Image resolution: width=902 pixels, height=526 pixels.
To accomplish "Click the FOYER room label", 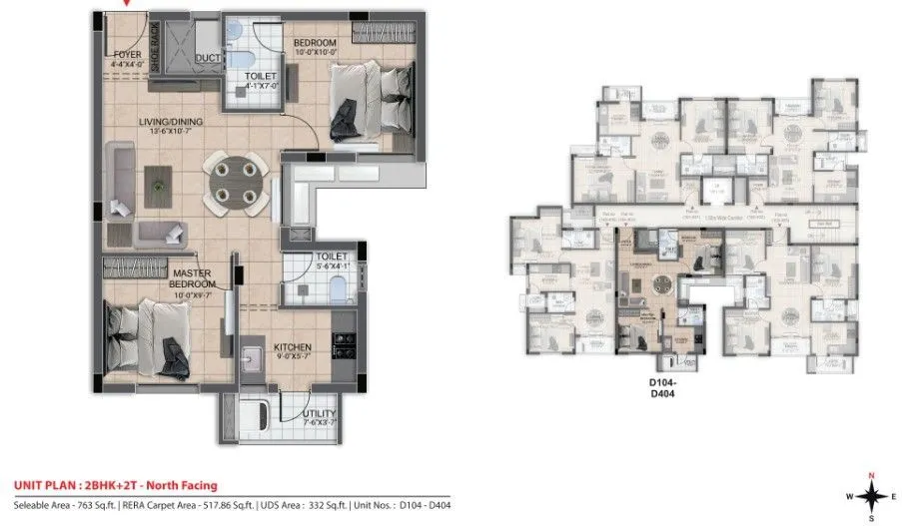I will pyautogui.click(x=127, y=54).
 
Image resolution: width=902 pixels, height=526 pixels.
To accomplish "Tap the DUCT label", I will pyautogui.click(x=209, y=59).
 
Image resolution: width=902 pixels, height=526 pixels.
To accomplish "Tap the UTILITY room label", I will pyautogui.click(x=319, y=413).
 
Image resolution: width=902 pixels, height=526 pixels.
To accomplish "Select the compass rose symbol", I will pyautogui.click(x=871, y=494).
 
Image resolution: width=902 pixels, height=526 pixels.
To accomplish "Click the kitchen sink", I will pyautogui.click(x=255, y=356).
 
